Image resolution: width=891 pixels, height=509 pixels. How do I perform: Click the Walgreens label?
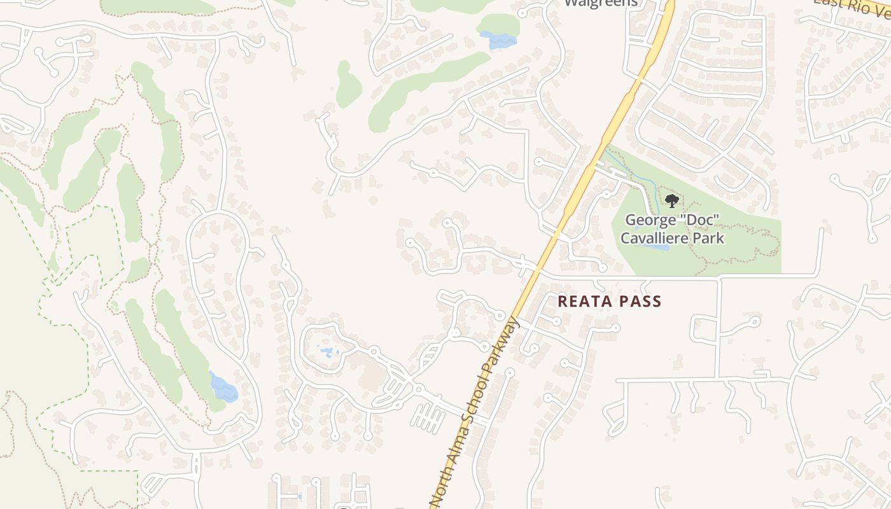pyautogui.click(x=601, y=3)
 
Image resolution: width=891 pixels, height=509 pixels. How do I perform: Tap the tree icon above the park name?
pyautogui.click(x=671, y=202)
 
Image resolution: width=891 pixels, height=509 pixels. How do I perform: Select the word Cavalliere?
pyautogui.click(x=656, y=239)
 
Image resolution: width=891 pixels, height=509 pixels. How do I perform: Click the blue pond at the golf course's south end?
pyautogui.click(x=223, y=387)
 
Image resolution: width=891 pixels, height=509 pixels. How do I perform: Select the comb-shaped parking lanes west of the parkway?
pyautogui.click(x=428, y=417)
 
